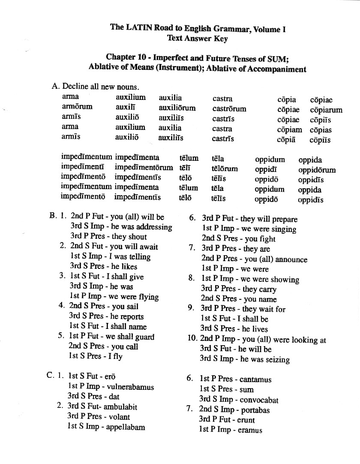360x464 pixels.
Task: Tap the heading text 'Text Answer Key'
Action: click(x=197, y=39)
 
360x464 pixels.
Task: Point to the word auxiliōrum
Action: click(x=177, y=108)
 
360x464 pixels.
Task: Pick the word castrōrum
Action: click(x=229, y=109)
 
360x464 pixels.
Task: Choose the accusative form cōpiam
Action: click(x=290, y=130)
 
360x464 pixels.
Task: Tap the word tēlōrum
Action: click(x=225, y=169)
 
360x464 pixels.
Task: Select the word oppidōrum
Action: click(x=317, y=170)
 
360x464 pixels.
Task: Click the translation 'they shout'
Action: click(x=129, y=237)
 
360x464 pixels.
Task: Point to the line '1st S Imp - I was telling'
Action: click(x=110, y=257)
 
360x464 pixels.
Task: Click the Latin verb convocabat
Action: click(x=259, y=400)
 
